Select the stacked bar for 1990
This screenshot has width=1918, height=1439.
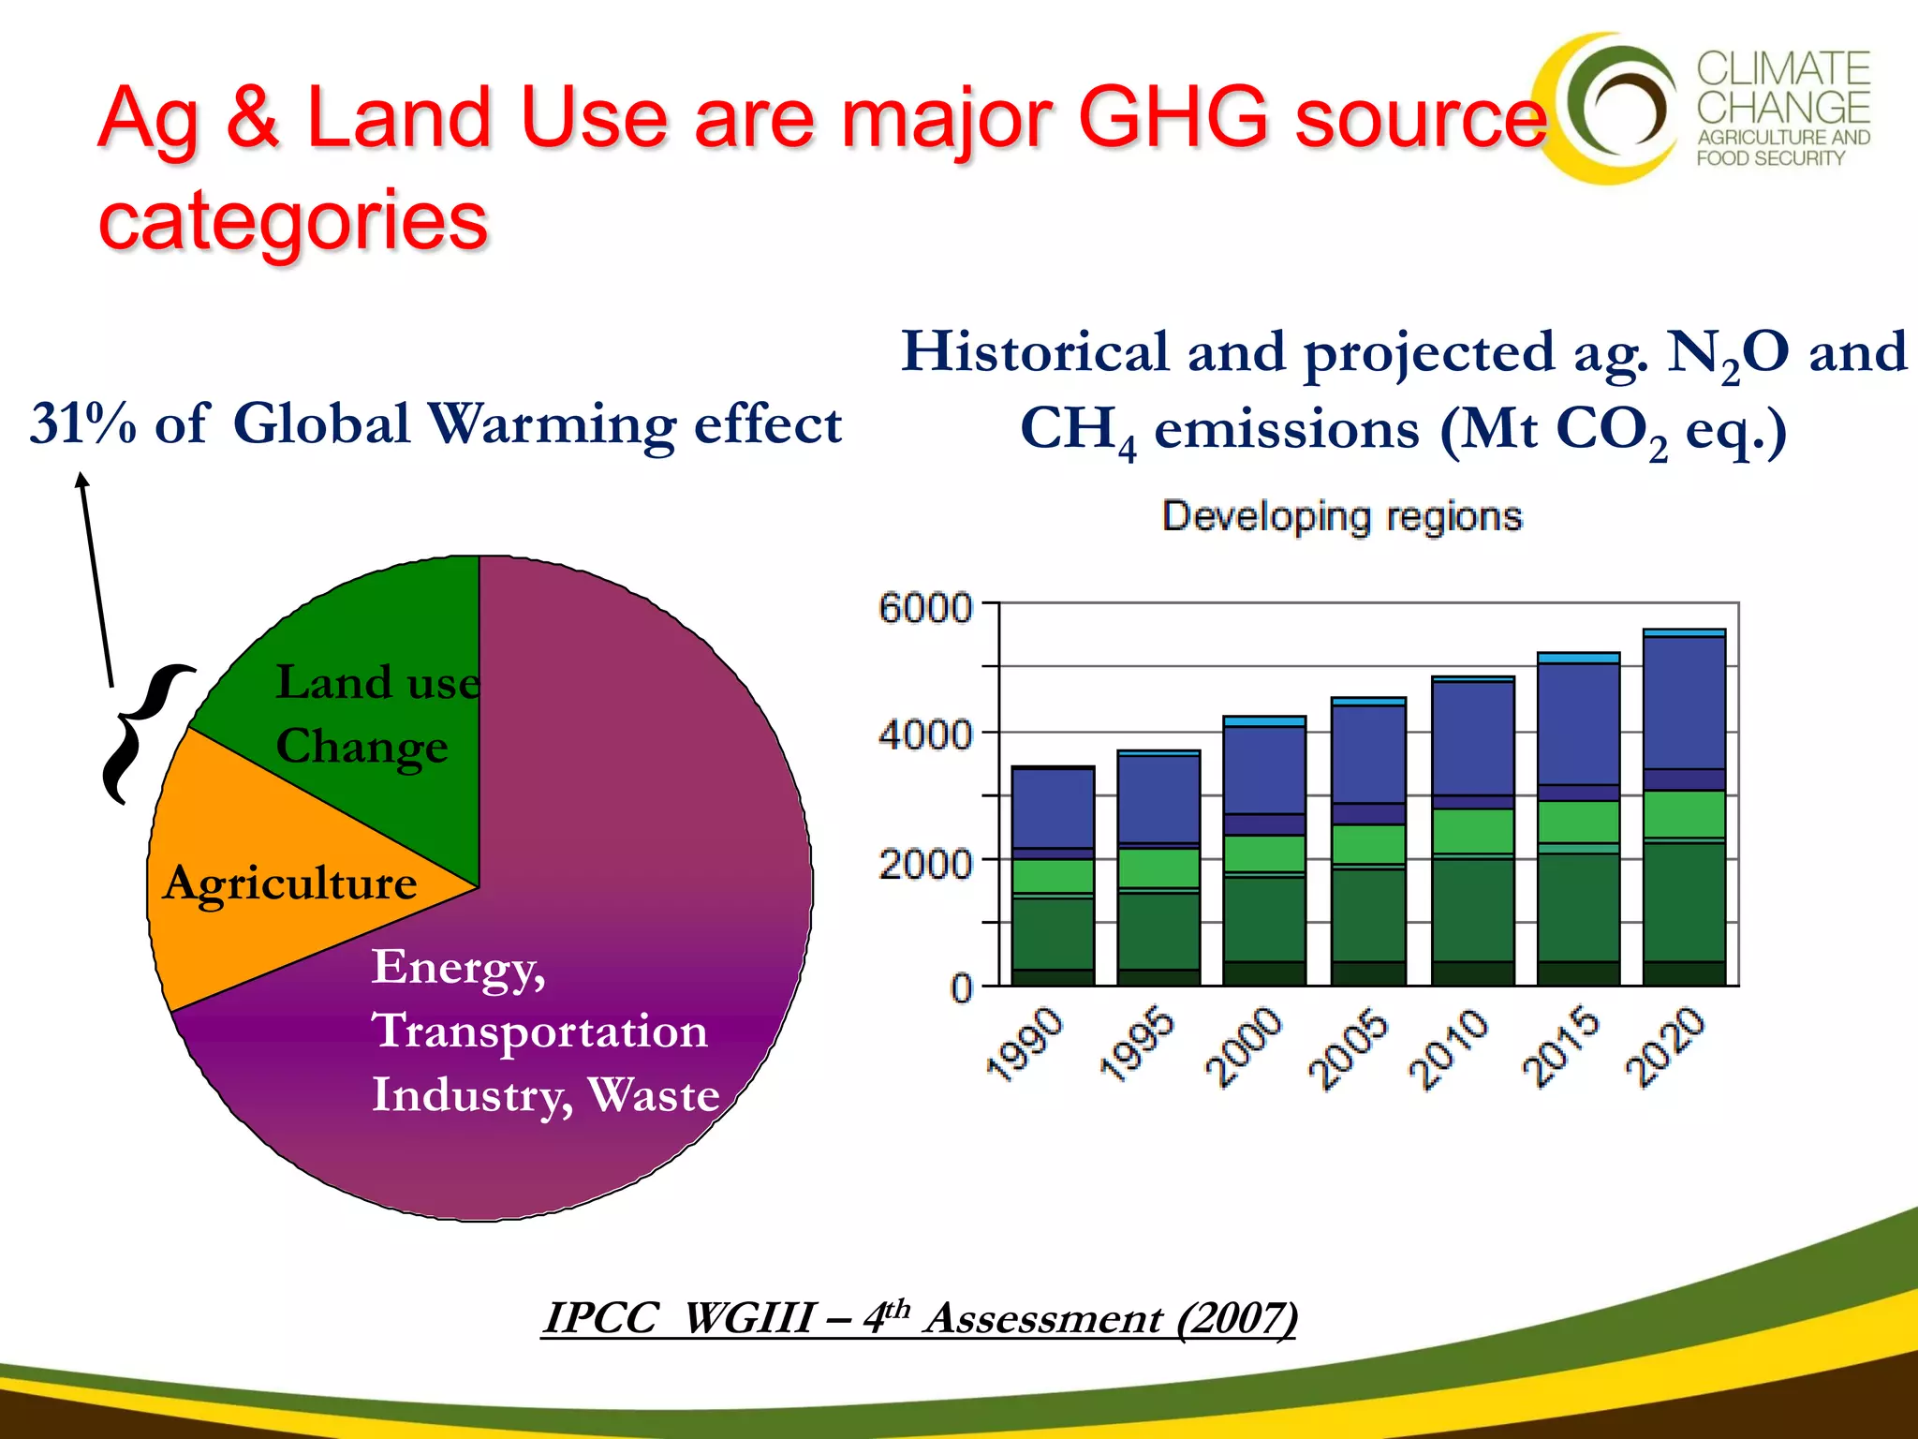(x=1053, y=876)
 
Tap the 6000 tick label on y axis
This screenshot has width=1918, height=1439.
(x=925, y=609)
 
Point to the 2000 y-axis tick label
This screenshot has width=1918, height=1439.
(x=925, y=864)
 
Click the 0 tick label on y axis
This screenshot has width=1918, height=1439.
(x=962, y=988)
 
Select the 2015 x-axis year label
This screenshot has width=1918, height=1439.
(x=1562, y=1045)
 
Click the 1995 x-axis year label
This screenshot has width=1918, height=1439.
(x=1136, y=1045)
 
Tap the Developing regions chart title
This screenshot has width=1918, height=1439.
(x=1342, y=517)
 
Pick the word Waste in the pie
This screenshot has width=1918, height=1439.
(x=653, y=1094)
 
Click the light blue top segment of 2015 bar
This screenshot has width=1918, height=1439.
(x=1578, y=659)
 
